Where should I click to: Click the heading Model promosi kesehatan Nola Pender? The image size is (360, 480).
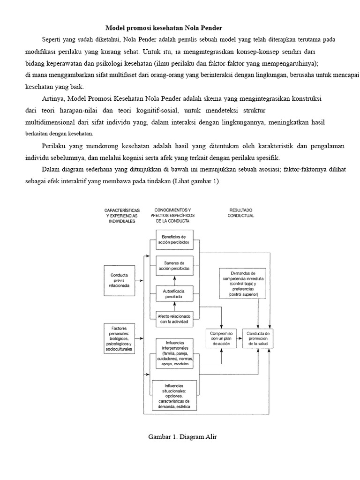[x=164, y=28]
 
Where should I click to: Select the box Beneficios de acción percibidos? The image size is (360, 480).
[x=174, y=240]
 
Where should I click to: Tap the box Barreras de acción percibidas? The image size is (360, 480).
[x=174, y=266]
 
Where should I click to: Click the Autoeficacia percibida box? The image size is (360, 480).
[x=174, y=293]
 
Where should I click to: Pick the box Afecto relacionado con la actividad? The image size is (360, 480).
[x=174, y=319]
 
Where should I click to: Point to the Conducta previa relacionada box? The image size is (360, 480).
[x=120, y=280]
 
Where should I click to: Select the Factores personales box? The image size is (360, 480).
[x=120, y=338]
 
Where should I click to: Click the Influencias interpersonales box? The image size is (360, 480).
[x=175, y=353]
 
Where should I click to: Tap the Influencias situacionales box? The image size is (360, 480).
[x=174, y=395]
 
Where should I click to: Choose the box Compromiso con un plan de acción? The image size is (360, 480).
[x=221, y=338]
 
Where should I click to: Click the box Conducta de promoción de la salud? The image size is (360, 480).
[x=258, y=338]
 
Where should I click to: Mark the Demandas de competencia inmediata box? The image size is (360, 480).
[x=243, y=284]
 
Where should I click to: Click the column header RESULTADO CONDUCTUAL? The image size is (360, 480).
[x=240, y=213]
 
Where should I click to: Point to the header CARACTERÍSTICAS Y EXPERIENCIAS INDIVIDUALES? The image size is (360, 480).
[x=122, y=216]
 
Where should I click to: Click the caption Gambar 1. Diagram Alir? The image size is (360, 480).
[x=182, y=437]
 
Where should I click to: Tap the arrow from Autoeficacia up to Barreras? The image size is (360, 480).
[x=174, y=281]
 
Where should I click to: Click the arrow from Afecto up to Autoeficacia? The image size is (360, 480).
[x=174, y=307]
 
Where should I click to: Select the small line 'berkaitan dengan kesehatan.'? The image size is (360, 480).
[x=60, y=134]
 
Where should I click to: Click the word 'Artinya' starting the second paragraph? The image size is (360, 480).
[x=53, y=99]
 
